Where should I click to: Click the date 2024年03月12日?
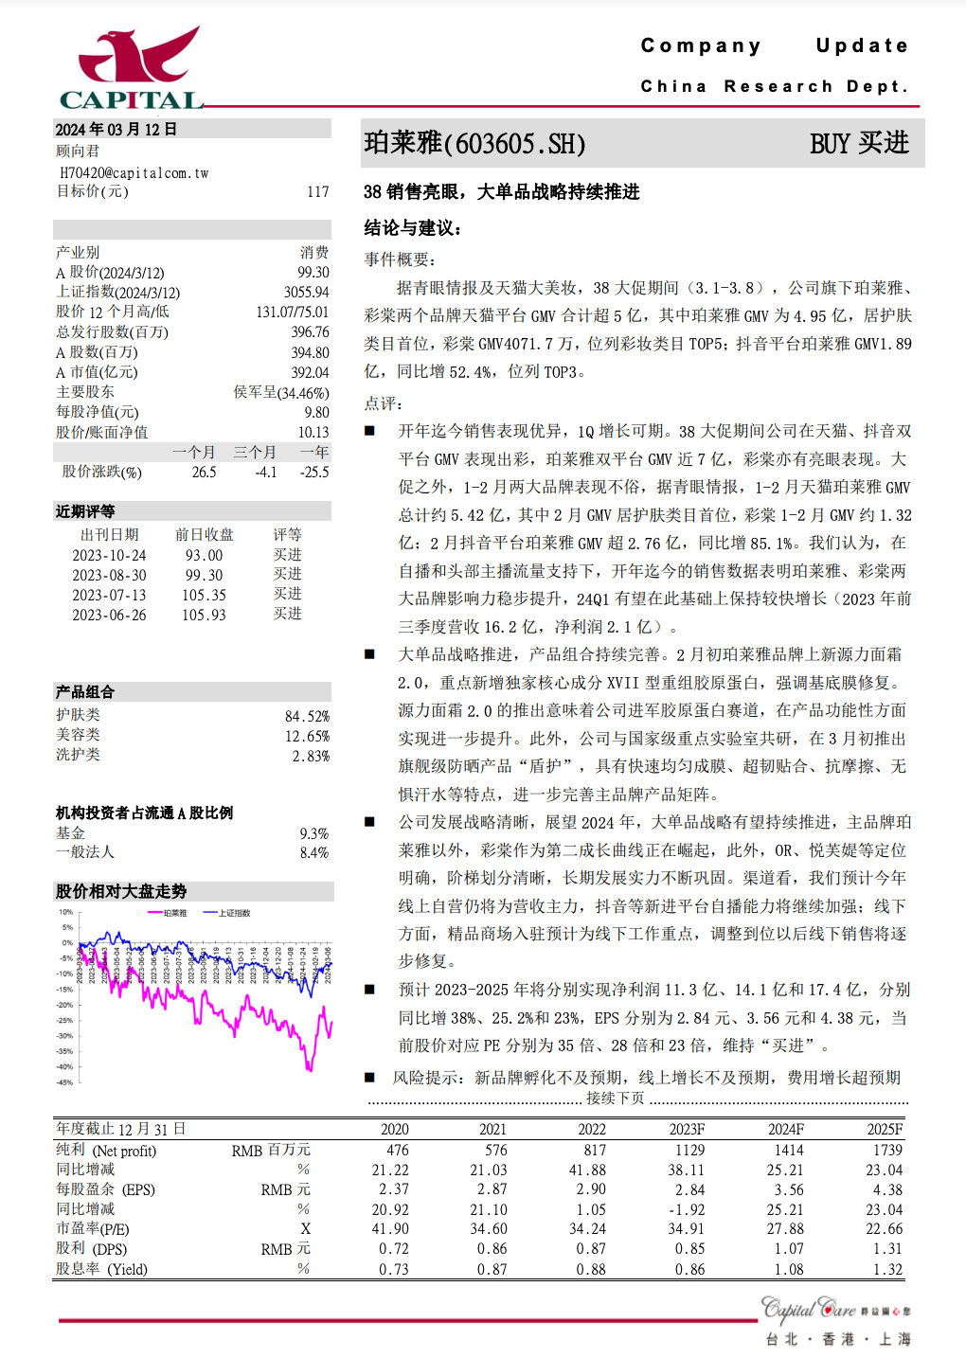116,130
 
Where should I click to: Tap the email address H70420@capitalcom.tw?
134,173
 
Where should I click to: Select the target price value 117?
317,192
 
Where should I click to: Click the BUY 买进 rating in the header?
858,144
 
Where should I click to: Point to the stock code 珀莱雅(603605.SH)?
474,144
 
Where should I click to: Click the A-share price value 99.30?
313,273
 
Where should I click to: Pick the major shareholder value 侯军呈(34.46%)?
281,392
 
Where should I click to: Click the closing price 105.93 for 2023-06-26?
204,615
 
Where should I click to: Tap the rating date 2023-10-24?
109,555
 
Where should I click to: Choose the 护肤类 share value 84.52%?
307,717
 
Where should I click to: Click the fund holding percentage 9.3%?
313,833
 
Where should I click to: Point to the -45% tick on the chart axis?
64,1081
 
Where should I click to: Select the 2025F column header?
885,1129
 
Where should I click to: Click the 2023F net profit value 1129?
689,1150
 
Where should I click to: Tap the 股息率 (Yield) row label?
101,1269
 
